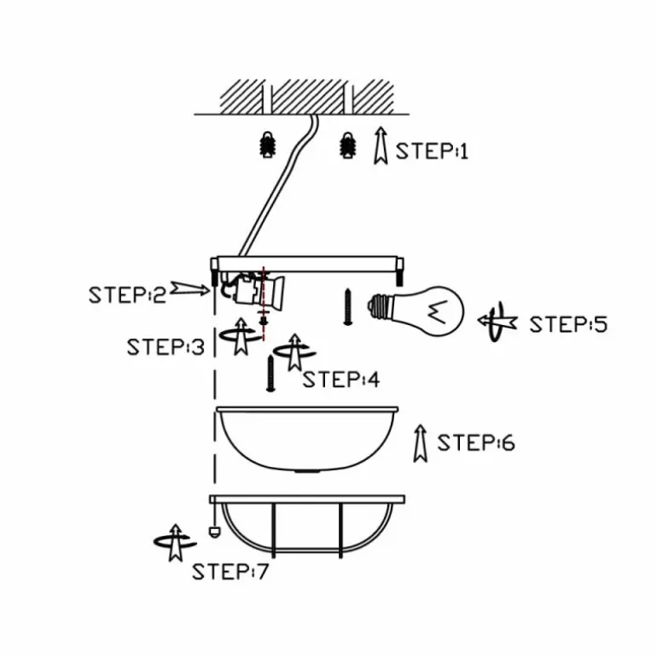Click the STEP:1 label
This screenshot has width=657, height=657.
(x=432, y=151)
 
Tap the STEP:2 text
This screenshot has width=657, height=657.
(x=127, y=295)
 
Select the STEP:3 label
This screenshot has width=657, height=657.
(x=166, y=347)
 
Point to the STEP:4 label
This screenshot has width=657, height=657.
(x=341, y=380)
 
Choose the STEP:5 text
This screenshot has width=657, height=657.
(x=568, y=324)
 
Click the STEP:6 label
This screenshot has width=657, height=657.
(x=476, y=443)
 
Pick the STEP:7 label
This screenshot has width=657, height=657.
(x=230, y=572)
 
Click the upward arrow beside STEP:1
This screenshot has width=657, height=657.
(x=381, y=145)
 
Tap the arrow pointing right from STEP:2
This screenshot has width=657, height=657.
(x=189, y=288)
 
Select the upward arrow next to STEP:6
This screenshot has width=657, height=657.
(x=421, y=444)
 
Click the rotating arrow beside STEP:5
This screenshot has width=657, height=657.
(x=497, y=322)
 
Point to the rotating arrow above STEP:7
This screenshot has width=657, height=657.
(x=175, y=542)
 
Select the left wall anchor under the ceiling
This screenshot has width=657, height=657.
(x=267, y=144)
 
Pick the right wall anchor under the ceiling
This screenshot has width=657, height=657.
(x=347, y=145)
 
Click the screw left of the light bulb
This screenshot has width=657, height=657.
(x=347, y=307)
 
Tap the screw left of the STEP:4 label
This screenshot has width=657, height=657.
(x=270, y=374)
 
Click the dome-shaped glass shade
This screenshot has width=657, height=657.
(x=306, y=439)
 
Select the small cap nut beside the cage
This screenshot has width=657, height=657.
(x=214, y=532)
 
